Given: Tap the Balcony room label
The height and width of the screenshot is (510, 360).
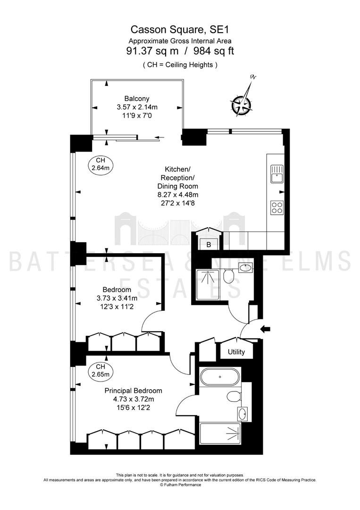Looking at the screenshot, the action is coord(137,99).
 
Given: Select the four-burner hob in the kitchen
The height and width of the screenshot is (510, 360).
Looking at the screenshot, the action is coord(277,208).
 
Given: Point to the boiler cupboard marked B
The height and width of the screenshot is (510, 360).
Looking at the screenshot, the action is coord(209,245).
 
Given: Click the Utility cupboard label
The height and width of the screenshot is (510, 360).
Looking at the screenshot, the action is coord(236,352).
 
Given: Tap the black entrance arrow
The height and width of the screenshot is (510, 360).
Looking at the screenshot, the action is coord(265,329).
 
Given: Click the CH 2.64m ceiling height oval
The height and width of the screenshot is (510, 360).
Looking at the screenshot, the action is coord(100,164).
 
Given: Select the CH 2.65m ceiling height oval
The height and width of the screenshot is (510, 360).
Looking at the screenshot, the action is coord(100,371).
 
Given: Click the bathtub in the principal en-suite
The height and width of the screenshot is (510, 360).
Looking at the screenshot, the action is coord(220,377).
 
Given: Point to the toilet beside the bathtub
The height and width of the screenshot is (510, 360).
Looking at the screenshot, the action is coord(234,397).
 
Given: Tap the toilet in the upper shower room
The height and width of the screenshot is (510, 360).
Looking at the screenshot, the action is coord(229,276).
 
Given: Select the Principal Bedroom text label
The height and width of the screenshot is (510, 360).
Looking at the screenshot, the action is coord(133,391).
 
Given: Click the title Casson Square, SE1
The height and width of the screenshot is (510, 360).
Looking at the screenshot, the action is coord(180,30).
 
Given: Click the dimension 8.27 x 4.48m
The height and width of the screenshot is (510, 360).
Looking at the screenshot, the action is coord(178,195).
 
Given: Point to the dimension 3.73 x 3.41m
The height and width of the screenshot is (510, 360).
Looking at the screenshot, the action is coord(117,298).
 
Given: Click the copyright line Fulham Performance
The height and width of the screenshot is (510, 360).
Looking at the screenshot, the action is coord(180,484).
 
